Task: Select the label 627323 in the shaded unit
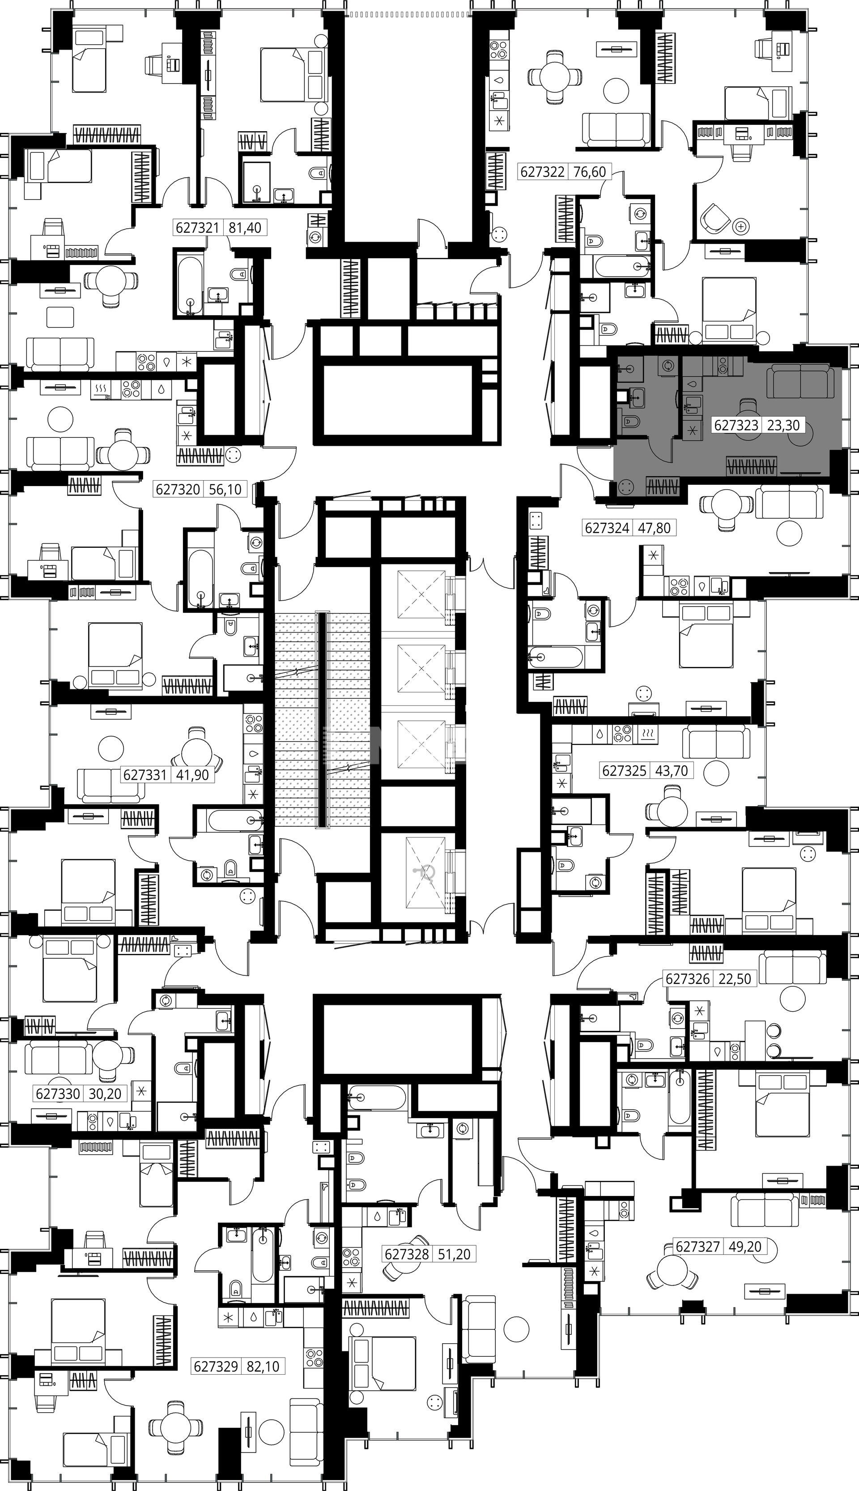[x=736, y=425]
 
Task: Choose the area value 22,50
[x=735, y=978]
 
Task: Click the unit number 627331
[x=145, y=774]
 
